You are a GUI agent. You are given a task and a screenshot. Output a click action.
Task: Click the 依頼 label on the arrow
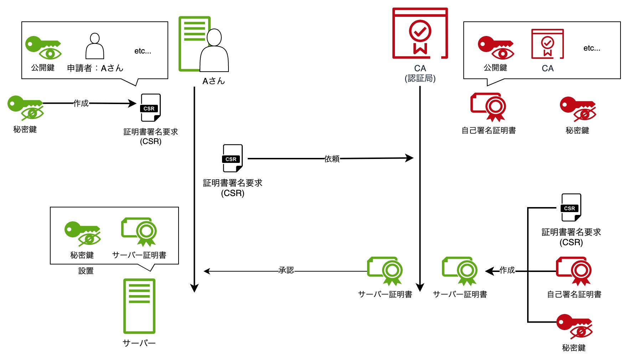[332, 159]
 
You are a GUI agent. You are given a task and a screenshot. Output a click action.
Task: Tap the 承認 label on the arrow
[286, 270]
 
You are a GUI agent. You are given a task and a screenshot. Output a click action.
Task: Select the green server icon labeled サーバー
[139, 306]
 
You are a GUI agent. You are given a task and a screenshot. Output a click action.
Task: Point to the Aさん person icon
[214, 50]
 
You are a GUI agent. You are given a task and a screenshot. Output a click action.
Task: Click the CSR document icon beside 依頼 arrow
[233, 158]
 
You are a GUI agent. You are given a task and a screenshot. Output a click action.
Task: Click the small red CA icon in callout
[547, 44]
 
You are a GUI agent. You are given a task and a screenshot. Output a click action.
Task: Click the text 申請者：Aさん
[95, 68]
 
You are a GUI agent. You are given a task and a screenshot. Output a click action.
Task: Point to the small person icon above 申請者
[95, 46]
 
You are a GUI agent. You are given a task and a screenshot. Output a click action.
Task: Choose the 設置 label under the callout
[86, 271]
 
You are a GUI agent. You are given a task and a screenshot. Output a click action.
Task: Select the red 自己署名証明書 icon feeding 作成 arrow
[574, 271]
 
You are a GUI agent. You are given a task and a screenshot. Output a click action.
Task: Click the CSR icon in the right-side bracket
[571, 207]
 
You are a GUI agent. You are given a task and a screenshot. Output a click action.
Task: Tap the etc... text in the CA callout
[592, 48]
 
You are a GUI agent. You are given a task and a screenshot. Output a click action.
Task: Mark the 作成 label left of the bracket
[507, 270]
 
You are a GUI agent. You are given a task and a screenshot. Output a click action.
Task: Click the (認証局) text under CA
[420, 78]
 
